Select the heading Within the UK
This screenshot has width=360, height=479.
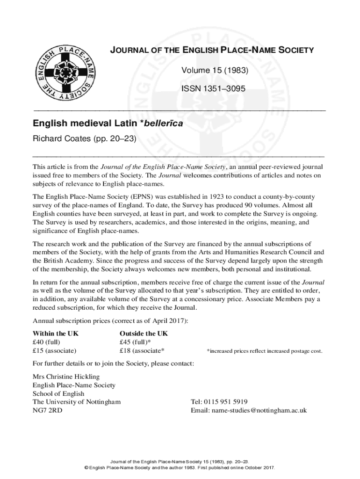(56, 334)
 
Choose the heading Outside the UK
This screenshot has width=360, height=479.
(144, 334)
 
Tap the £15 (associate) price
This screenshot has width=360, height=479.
(55, 350)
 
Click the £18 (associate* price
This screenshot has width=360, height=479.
(142, 350)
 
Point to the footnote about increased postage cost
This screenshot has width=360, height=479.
(264, 351)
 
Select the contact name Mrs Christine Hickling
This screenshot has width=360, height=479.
(66, 377)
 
